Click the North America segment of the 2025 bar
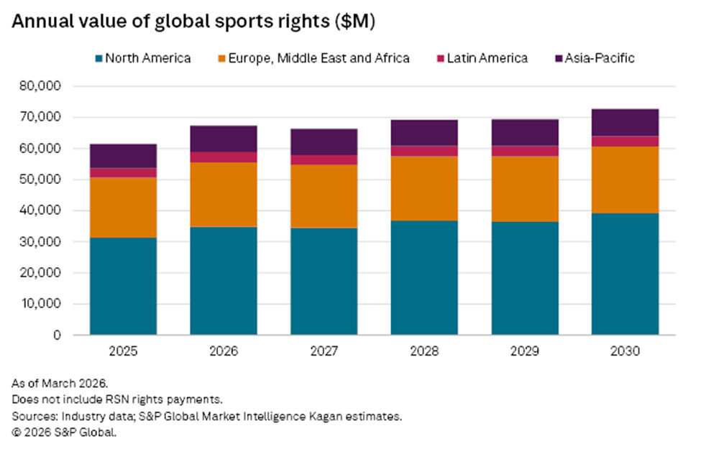coord(123,286)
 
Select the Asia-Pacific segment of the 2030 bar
coord(625,122)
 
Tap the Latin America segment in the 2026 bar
coord(224,157)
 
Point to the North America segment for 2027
coord(324,281)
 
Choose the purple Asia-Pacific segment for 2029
coord(525,132)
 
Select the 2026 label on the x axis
coord(224,352)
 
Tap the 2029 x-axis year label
coord(525,352)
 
